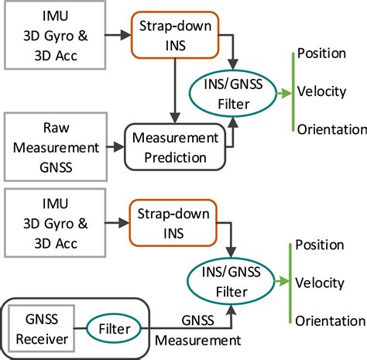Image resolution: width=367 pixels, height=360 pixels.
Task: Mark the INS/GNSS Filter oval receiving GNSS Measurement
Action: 232,283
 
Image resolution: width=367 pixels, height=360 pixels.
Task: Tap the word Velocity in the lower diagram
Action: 321,283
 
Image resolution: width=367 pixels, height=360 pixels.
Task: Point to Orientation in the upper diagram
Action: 329,129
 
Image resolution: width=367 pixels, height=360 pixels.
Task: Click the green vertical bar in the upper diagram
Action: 290,91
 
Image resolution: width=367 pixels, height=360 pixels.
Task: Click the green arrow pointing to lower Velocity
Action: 281,283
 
